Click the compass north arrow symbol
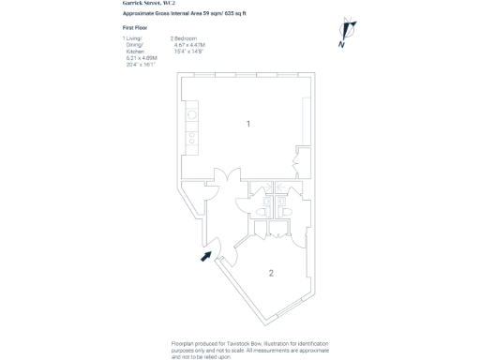tap(344, 34)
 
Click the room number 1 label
tap(247, 124)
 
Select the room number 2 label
tap(271, 273)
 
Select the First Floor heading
tap(136, 29)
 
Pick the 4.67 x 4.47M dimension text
tap(190, 44)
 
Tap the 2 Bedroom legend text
tap(186, 37)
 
